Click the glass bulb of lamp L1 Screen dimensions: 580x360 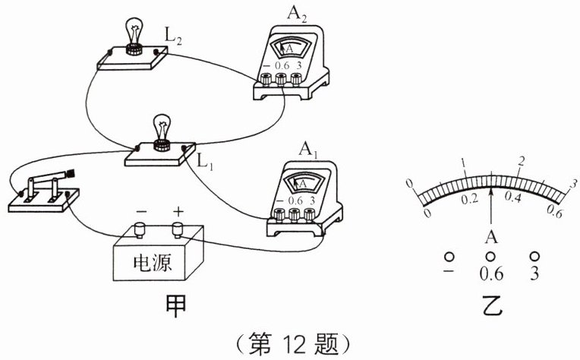[x=162, y=127]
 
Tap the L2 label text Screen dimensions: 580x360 [x=173, y=36]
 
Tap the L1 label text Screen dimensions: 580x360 [x=205, y=162]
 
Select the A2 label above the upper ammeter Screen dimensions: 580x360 [x=297, y=14]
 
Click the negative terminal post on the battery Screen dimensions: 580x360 [x=140, y=229]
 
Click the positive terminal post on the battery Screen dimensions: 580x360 [x=178, y=229]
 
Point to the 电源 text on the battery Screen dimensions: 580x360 [x=153, y=263]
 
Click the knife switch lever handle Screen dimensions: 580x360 [x=70, y=173]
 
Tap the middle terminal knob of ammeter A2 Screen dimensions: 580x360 [x=281, y=79]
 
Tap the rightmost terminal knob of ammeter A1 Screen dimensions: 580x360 [x=309, y=214]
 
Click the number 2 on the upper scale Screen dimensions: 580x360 [x=522, y=161]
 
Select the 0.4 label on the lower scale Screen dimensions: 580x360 [x=513, y=197]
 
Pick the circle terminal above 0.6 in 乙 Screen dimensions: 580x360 [x=491, y=256]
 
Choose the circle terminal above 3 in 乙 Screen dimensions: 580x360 [x=535, y=256]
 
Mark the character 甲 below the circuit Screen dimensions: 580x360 [x=175, y=307]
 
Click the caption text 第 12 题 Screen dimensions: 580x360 [x=293, y=344]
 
